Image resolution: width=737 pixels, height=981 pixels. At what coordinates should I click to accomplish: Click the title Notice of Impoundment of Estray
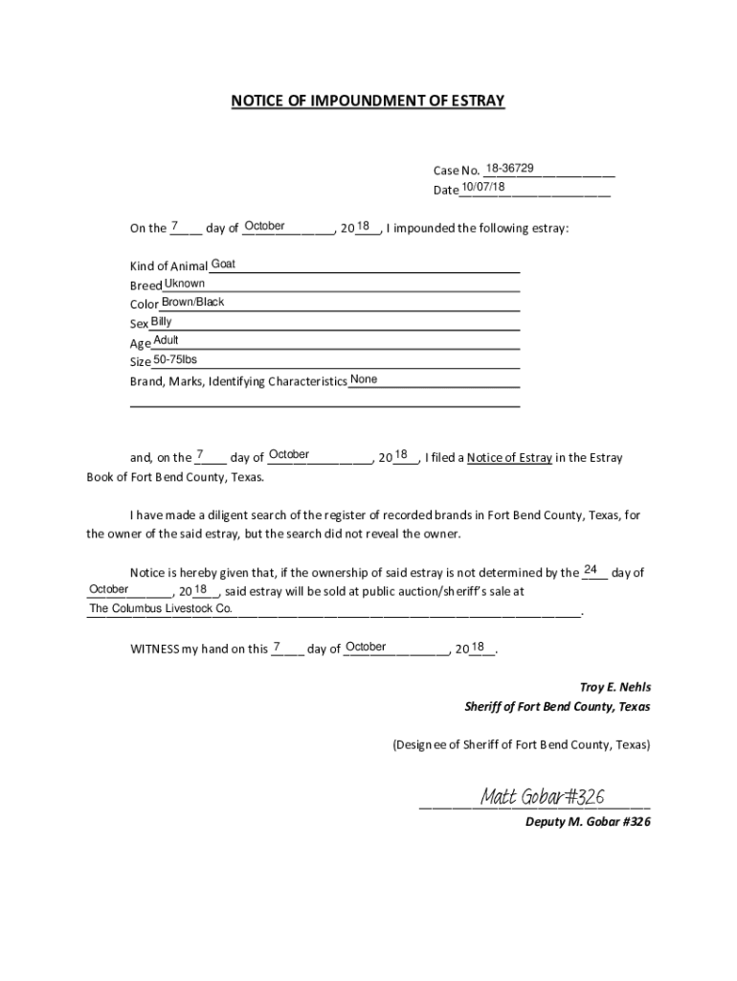pyautogui.click(x=368, y=101)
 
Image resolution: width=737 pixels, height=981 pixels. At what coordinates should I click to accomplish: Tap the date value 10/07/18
pyautogui.click(x=483, y=187)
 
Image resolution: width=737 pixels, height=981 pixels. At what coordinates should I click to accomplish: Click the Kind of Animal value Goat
pyautogui.click(x=223, y=263)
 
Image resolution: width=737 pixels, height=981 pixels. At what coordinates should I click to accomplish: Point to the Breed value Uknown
pyautogui.click(x=184, y=284)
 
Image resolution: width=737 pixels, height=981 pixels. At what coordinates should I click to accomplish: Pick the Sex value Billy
pyautogui.click(x=161, y=322)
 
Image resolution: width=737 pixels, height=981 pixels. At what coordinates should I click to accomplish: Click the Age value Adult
pyautogui.click(x=166, y=341)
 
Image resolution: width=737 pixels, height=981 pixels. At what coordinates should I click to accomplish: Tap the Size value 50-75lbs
pyautogui.click(x=175, y=360)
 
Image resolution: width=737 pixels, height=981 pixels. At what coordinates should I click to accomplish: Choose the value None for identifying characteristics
pyautogui.click(x=364, y=379)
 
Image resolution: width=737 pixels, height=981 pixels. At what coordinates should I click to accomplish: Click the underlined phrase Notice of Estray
pyautogui.click(x=509, y=458)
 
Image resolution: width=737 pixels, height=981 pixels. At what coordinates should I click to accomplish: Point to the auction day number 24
pyautogui.click(x=591, y=571)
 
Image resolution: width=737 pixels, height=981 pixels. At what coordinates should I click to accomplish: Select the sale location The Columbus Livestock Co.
pyautogui.click(x=161, y=609)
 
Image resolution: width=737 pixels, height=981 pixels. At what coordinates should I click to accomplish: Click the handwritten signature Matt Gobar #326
pyautogui.click(x=541, y=797)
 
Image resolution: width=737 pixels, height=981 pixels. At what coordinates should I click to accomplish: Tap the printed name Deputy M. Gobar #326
pyautogui.click(x=588, y=822)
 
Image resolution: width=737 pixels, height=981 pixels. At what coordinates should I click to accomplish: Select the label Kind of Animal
pyautogui.click(x=168, y=266)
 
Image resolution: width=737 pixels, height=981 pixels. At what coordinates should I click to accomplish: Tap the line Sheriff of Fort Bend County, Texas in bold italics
pyautogui.click(x=557, y=707)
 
